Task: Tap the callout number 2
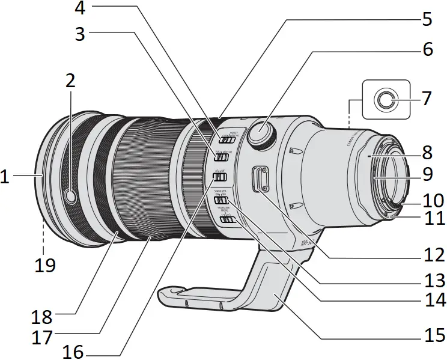[70, 82]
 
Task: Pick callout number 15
[432, 334]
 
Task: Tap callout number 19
[43, 264]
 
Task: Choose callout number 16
[73, 351]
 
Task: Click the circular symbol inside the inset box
[383, 100]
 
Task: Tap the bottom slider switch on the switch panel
[227, 221]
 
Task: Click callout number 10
[433, 200]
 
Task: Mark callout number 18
[43, 315]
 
